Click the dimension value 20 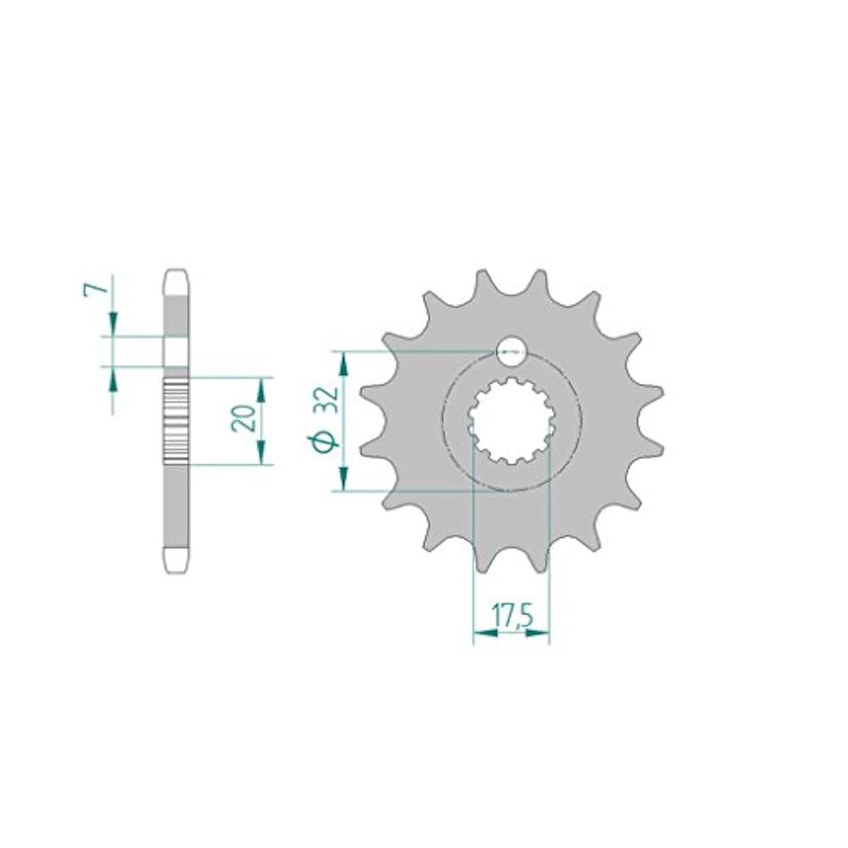[x=243, y=417]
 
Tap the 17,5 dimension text [x=512, y=617]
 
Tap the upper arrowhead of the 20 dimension [x=262, y=389]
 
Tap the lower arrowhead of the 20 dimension [x=262, y=452]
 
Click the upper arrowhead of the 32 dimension [x=343, y=363]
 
